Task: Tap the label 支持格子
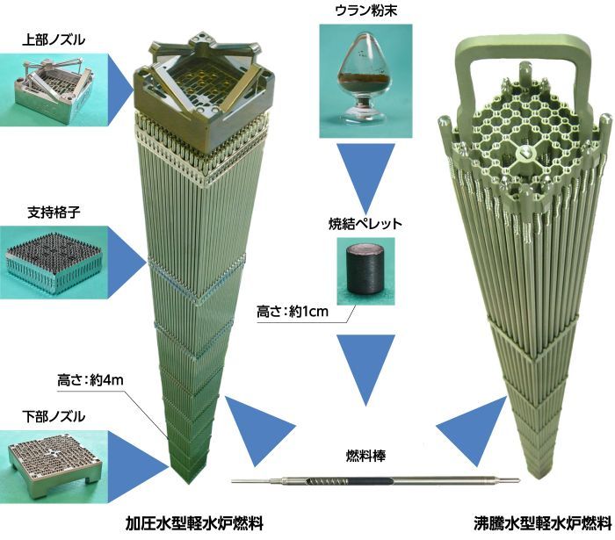[x=52, y=213]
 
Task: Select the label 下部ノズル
[x=52, y=413]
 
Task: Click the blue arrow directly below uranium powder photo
[x=364, y=181]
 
